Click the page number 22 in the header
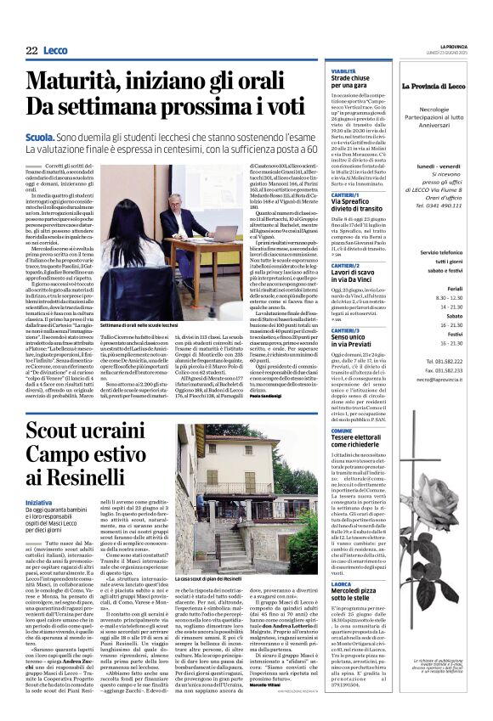31,51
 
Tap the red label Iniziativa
38,501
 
